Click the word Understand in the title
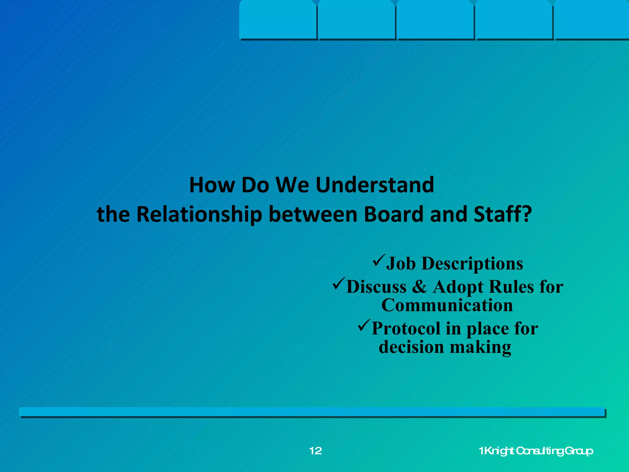(375, 185)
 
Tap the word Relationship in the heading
(199, 214)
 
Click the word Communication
(447, 305)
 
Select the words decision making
(445, 347)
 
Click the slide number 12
(315, 451)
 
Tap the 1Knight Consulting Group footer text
(536, 451)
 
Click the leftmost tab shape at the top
(278, 20)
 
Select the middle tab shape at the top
(435, 20)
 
